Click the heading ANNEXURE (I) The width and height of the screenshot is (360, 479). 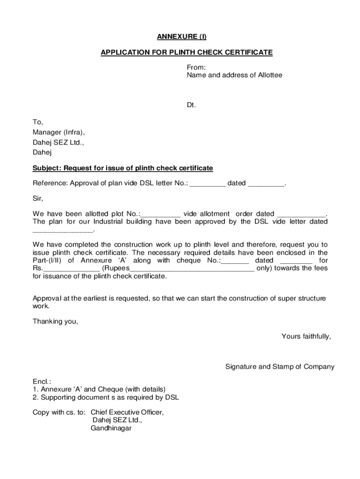[x=186, y=36]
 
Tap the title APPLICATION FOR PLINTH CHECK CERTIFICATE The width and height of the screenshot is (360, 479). [x=187, y=52]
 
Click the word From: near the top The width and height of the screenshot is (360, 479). [x=196, y=67]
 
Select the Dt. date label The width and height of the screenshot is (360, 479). [x=191, y=105]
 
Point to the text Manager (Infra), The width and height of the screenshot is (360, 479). [x=59, y=132]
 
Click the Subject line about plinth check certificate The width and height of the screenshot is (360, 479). [x=122, y=168]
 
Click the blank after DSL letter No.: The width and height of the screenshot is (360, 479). [x=208, y=183]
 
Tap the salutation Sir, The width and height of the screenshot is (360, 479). [x=38, y=198]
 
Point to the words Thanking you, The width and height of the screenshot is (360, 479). [x=56, y=321]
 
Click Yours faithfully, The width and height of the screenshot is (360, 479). [x=306, y=336]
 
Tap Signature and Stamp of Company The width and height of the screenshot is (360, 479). [x=280, y=367]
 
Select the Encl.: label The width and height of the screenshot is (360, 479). [x=42, y=381]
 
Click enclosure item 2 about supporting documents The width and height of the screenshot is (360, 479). [x=106, y=398]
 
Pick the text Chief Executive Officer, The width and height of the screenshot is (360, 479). [x=127, y=413]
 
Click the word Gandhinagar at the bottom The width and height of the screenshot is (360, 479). [x=111, y=428]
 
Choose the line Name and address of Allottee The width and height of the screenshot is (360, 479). [x=235, y=75]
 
